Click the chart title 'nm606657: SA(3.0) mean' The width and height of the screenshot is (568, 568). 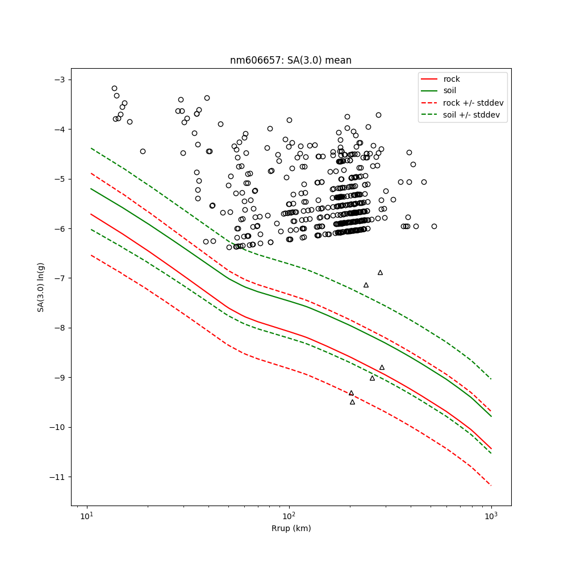(290, 60)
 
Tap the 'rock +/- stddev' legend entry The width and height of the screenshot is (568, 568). (473, 103)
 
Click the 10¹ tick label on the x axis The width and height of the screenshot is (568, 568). (86, 516)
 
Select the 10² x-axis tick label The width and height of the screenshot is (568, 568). (289, 516)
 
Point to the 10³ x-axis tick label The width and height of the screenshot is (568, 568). (491, 516)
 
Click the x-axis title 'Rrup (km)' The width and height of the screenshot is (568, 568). (290, 528)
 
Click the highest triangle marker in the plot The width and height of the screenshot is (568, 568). (380, 273)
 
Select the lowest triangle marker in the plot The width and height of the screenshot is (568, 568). (352, 402)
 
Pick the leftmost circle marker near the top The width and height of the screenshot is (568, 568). (114, 88)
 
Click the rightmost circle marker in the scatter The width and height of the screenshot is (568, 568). (434, 226)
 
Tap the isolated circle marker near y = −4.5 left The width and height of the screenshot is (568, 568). (143, 151)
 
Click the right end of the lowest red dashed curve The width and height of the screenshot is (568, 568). (491, 485)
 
